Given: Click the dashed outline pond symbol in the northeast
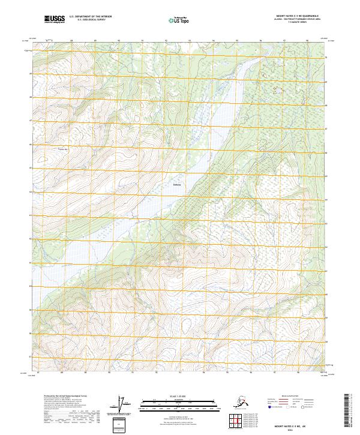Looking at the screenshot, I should (x=278, y=91).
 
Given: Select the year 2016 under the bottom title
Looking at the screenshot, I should (x=295, y=429).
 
